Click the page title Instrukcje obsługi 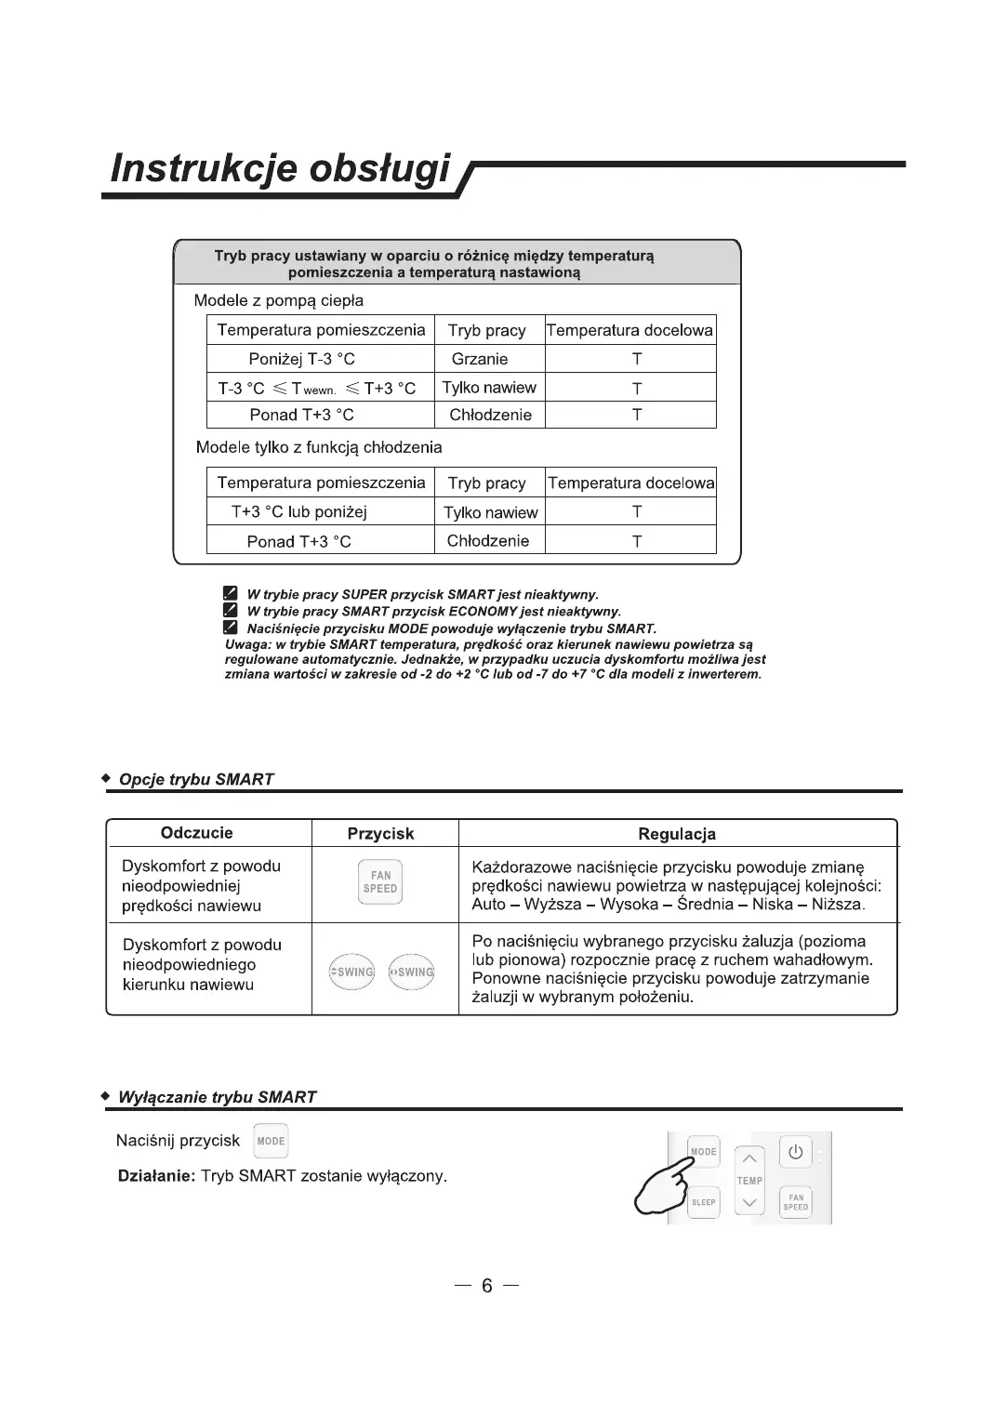[x=279, y=169]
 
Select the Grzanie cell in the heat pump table [x=480, y=359]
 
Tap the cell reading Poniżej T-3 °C [x=301, y=359]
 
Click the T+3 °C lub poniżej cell [x=299, y=511]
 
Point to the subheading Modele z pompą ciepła [x=278, y=300]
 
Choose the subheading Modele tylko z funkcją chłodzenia [x=319, y=447]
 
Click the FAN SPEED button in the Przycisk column [x=380, y=882]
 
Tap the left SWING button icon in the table [x=352, y=972]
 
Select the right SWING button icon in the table [x=412, y=972]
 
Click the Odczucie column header [x=196, y=833]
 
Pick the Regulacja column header [x=677, y=834]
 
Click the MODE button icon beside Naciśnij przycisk [x=271, y=1141]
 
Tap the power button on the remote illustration [x=795, y=1152]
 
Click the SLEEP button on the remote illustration [x=704, y=1202]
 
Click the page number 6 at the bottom [x=486, y=1286]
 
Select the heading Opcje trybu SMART [x=196, y=779]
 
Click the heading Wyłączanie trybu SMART [x=217, y=1097]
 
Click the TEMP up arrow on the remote [x=749, y=1158]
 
